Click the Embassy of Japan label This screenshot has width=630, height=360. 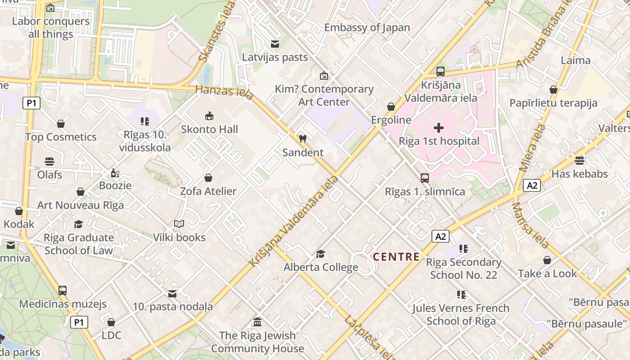tap(367, 27)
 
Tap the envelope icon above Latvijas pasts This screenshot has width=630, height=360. tap(274, 44)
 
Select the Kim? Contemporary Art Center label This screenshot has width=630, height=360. tap(324, 95)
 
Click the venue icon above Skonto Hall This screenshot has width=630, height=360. tap(209, 116)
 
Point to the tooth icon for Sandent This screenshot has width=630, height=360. tap(303, 139)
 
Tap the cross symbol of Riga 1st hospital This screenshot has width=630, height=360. tap(439, 128)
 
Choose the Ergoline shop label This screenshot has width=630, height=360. tap(391, 120)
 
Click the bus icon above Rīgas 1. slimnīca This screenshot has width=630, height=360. tap(425, 178)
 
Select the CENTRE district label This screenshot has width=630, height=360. tap(396, 257)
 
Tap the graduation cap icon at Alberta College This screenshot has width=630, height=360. tap(320, 254)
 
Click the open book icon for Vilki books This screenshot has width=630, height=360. tap(179, 224)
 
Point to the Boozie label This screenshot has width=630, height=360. tap(115, 185)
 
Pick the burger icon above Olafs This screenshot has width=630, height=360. tap(49, 162)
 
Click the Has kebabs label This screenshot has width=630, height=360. tap(580, 174)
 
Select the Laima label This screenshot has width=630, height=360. tap(576, 60)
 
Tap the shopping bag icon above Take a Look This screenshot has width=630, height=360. tap(547, 260)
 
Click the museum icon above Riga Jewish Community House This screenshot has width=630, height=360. tap(257, 322)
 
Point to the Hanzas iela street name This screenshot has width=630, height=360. tap(224, 91)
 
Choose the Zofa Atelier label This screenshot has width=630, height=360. tap(208, 191)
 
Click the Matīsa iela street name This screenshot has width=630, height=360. tap(531, 225)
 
